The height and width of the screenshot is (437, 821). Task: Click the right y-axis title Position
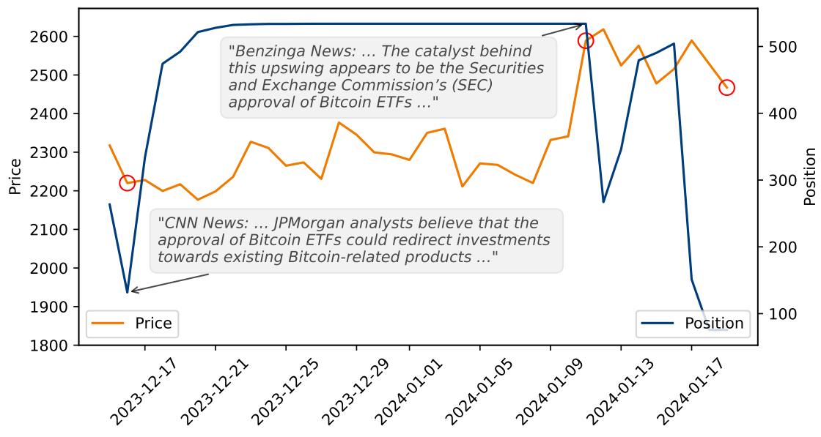[x=809, y=176]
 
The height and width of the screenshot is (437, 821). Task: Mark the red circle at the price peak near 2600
[x=585, y=40]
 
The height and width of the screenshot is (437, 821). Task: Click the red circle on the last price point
[x=726, y=88]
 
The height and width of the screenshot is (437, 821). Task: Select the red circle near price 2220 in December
[x=127, y=182]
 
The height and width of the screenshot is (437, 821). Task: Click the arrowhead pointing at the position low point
[x=133, y=291]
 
